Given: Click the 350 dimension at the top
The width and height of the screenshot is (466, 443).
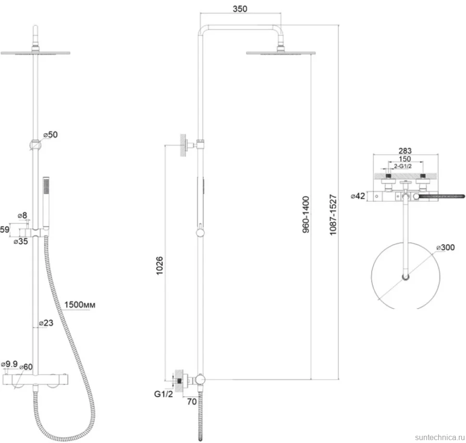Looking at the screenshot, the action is [240, 9].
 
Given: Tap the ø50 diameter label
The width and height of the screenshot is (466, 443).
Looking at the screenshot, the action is [50, 135].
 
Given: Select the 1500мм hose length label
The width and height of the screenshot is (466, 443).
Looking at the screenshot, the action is [80, 305].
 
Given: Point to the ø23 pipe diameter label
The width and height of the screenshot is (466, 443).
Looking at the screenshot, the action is [46, 323].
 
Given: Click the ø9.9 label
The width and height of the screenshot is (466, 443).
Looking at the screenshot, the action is [9, 364].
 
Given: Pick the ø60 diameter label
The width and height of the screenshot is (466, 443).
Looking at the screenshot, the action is [26, 367].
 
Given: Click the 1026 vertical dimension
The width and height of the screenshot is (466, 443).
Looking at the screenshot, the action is [159, 266].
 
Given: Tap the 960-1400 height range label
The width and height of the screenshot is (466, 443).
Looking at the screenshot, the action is [306, 214].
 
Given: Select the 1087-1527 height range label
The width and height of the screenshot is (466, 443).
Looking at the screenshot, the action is [333, 215].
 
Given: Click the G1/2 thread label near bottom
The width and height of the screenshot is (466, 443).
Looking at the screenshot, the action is [163, 394].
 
